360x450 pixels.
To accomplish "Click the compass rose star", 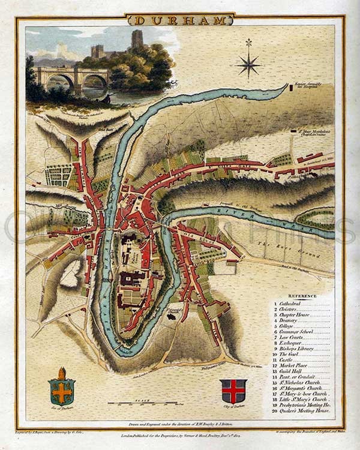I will [x=248, y=62].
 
